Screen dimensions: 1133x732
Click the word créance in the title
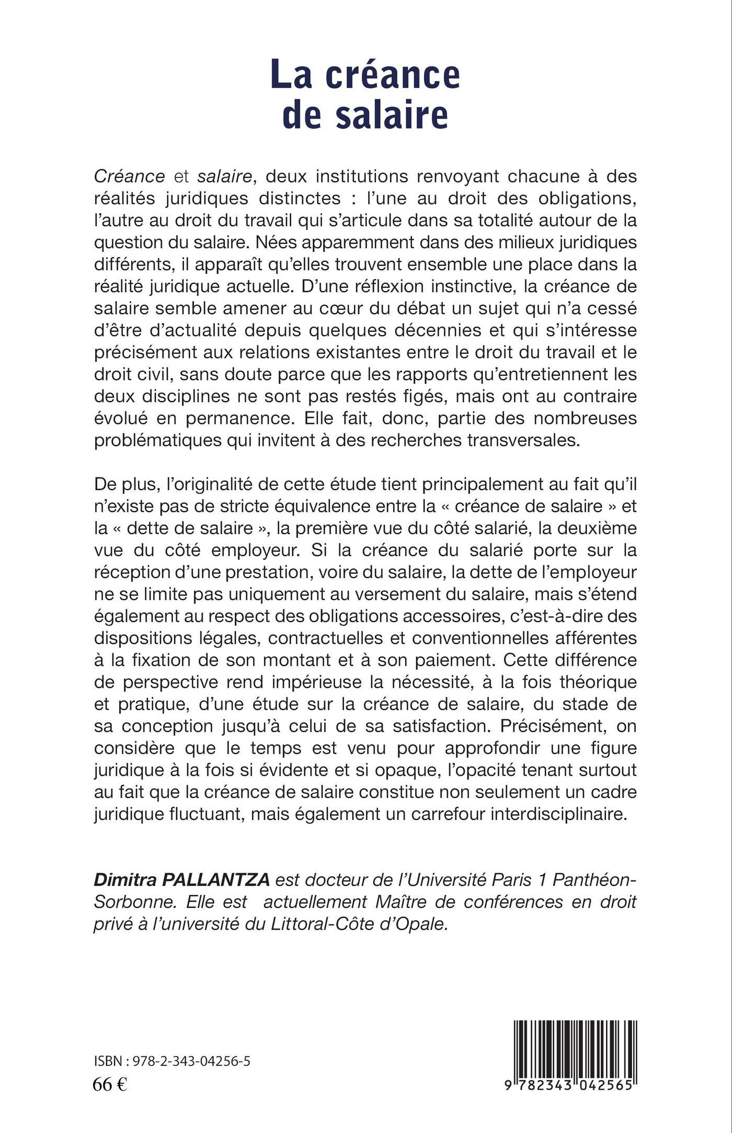(393, 75)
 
